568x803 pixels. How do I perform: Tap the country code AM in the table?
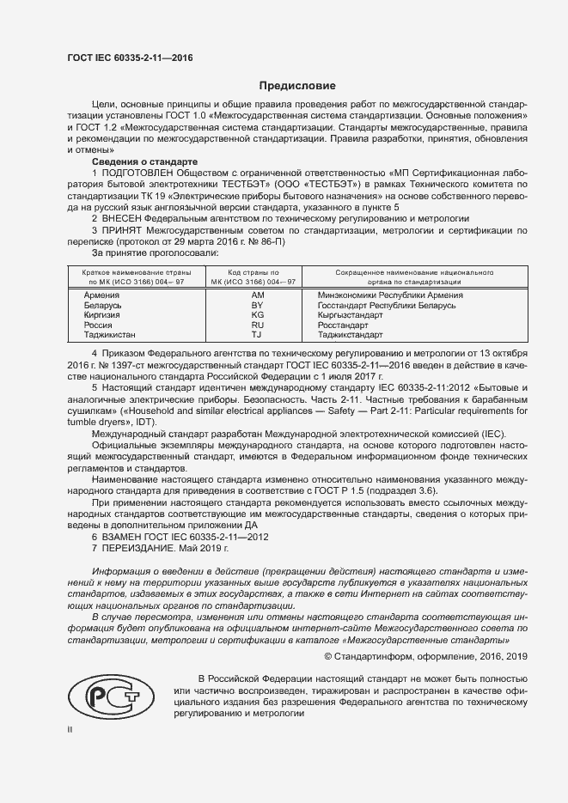256,295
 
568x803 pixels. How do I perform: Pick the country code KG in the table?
256,315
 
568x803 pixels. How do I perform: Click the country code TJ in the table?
256,335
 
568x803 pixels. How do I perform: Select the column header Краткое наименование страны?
125,271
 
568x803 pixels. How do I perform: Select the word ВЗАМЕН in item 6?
125,536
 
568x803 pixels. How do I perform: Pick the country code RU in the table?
256,325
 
